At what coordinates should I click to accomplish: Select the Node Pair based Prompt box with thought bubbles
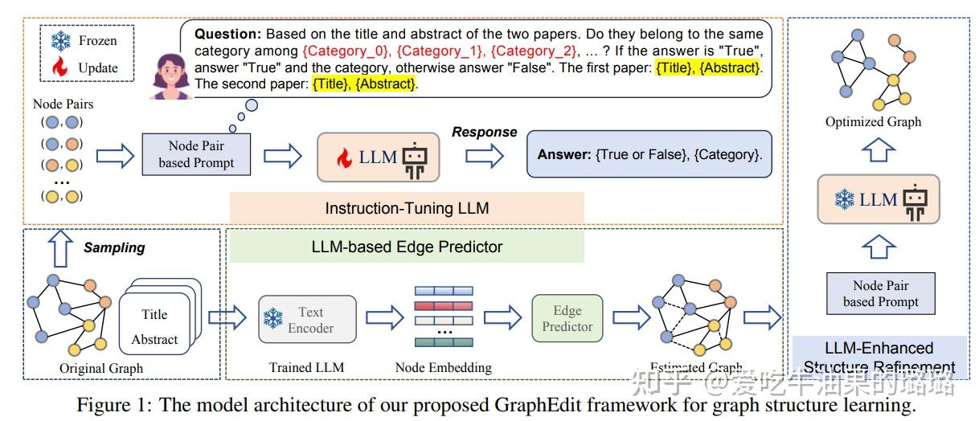[x=196, y=155]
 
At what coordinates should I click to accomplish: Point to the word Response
[x=484, y=131]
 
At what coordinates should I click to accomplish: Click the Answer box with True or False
[x=649, y=154]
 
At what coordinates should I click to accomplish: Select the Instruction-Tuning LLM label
[x=407, y=208]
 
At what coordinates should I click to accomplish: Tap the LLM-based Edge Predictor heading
[x=407, y=247]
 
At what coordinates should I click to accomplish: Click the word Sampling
[x=114, y=247]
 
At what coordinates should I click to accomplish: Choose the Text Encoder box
[x=308, y=320]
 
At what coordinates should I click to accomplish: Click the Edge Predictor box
[x=567, y=318]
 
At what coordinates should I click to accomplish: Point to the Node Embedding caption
[x=443, y=367]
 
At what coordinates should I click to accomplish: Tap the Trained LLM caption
[x=307, y=367]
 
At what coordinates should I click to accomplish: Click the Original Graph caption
[x=101, y=368]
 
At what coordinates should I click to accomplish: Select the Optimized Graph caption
[x=873, y=122]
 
